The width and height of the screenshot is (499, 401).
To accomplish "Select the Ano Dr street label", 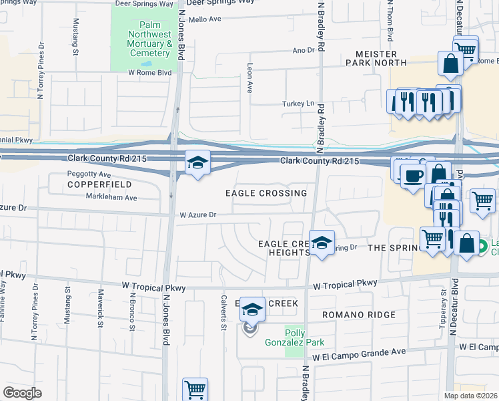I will (x=303, y=50).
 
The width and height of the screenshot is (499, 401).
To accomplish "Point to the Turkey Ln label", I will (x=300, y=104).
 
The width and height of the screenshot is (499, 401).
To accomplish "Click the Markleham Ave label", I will (x=111, y=197).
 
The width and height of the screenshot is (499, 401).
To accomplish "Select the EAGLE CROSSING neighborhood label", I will (x=266, y=193).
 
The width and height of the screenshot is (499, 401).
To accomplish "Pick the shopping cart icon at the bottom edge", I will (x=195, y=389).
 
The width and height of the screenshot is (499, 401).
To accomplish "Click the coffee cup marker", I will (x=412, y=175).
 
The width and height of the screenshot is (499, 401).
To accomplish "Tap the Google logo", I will (x=22, y=392).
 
